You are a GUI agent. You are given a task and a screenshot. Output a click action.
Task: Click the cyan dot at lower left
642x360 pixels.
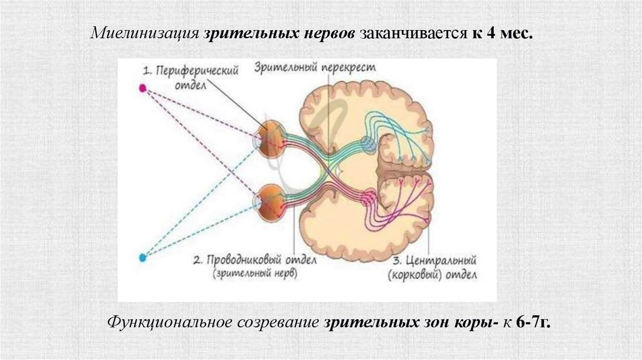(142, 257)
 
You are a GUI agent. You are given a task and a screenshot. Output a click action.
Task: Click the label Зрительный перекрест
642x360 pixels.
(314, 67)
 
